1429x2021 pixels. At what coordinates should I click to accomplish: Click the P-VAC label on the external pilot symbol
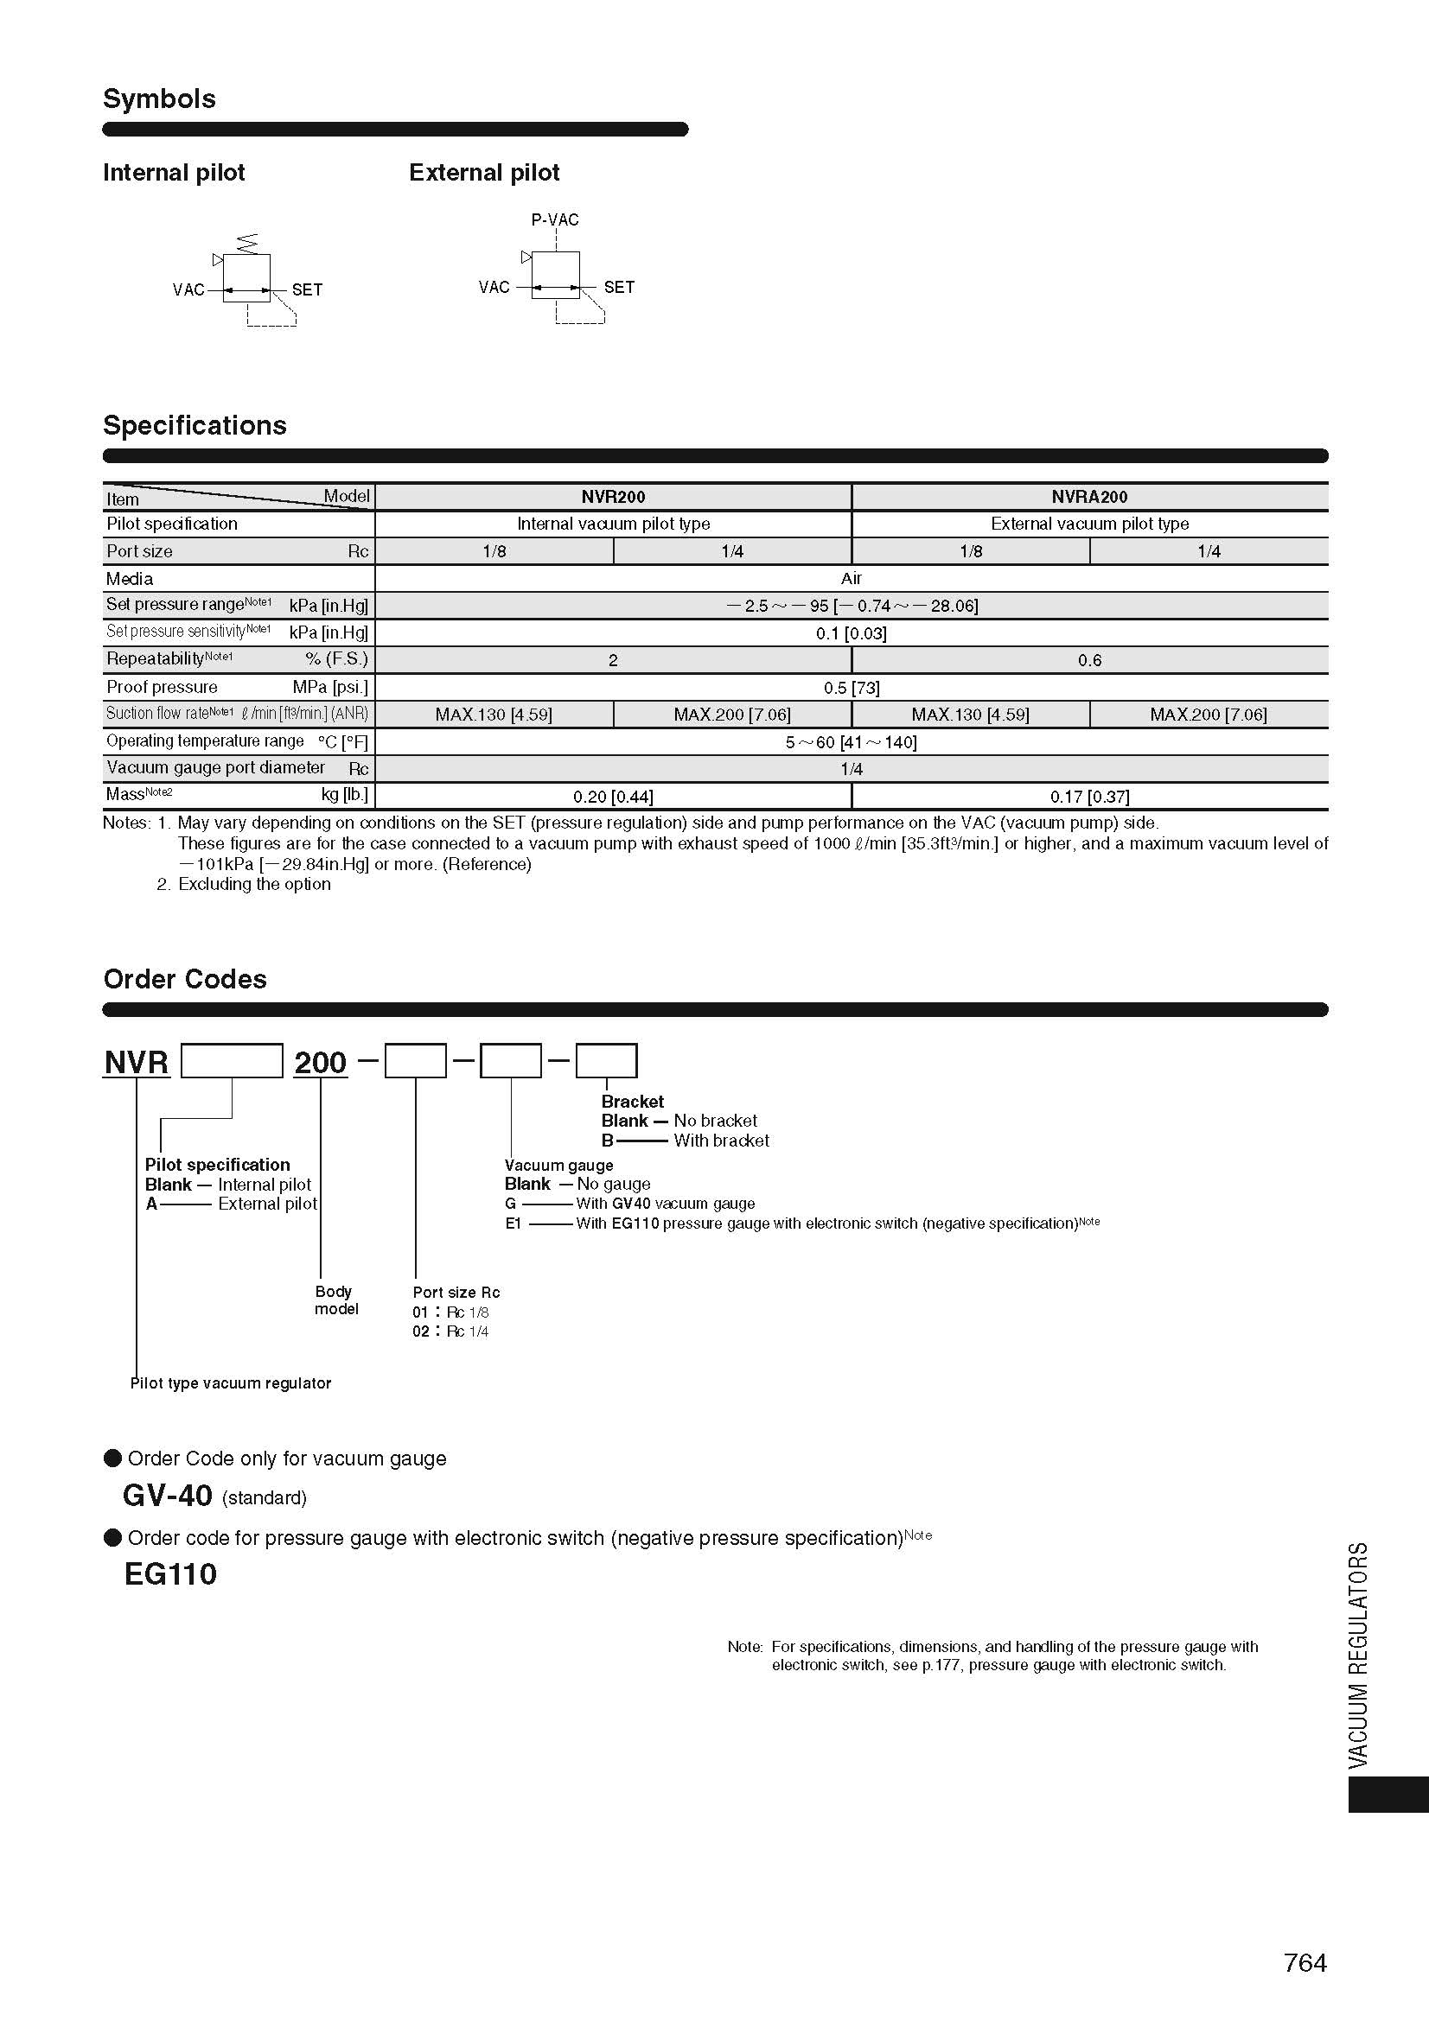tap(555, 219)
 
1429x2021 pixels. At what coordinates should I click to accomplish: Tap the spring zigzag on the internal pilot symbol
tap(247, 241)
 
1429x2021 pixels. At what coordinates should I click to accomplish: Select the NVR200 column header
tap(613, 497)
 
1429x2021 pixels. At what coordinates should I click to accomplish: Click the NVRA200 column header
tap(1089, 497)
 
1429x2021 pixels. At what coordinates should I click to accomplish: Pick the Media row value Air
tap(851, 578)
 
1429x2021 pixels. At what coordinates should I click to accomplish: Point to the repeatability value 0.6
tap(1089, 660)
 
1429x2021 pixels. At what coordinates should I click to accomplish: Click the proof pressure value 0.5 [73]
tap(851, 688)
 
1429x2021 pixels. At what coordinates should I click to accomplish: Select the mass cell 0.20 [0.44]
tap(613, 797)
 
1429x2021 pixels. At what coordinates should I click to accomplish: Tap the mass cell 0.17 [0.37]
tap(1089, 797)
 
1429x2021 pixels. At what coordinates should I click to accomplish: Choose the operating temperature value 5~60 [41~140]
tap(851, 742)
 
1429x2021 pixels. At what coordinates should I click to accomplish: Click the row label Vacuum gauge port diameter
tap(216, 767)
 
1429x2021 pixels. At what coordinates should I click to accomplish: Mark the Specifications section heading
tap(195, 425)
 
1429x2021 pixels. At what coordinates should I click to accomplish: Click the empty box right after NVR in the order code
tap(232, 1061)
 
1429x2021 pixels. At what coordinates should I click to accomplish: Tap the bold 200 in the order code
tap(321, 1063)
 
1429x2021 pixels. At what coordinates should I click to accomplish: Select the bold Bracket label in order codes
tap(632, 1101)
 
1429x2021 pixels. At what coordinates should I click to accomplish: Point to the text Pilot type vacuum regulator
tap(231, 1382)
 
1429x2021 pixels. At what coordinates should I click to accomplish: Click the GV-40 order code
tap(168, 1496)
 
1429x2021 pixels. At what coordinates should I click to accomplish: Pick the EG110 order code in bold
tap(170, 1573)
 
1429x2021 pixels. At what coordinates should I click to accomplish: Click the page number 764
tap(1305, 1962)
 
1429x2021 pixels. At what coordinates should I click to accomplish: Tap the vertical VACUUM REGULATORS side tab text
tap(1359, 1655)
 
